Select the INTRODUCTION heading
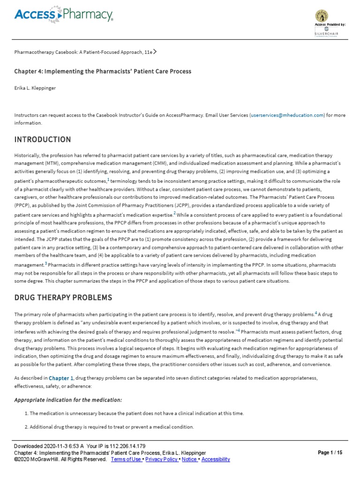(x=43, y=140)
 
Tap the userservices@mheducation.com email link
(x=287, y=115)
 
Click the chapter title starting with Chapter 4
(x=103, y=71)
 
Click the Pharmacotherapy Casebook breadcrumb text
(x=82, y=52)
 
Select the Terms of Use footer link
(x=126, y=459)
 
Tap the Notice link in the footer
(x=189, y=459)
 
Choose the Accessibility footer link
(x=216, y=459)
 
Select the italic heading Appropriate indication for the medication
(x=67, y=400)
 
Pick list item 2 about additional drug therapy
(x=112, y=427)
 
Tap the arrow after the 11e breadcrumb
(x=155, y=52)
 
